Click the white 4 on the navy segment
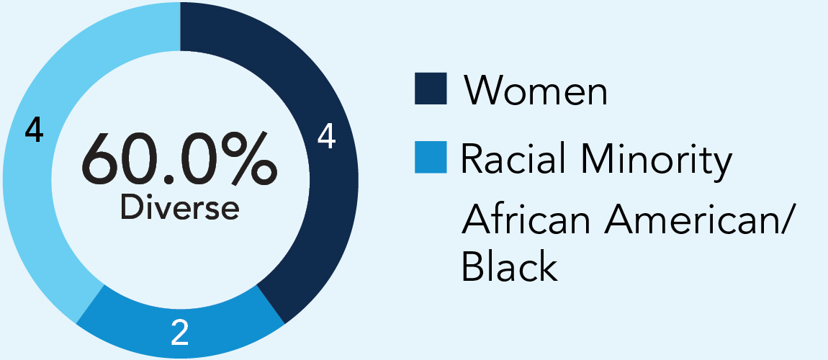(x=326, y=138)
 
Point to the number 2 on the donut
(x=180, y=332)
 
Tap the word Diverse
(x=179, y=207)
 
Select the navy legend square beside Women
(x=431, y=89)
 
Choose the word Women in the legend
(x=535, y=90)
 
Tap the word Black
(x=509, y=266)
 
